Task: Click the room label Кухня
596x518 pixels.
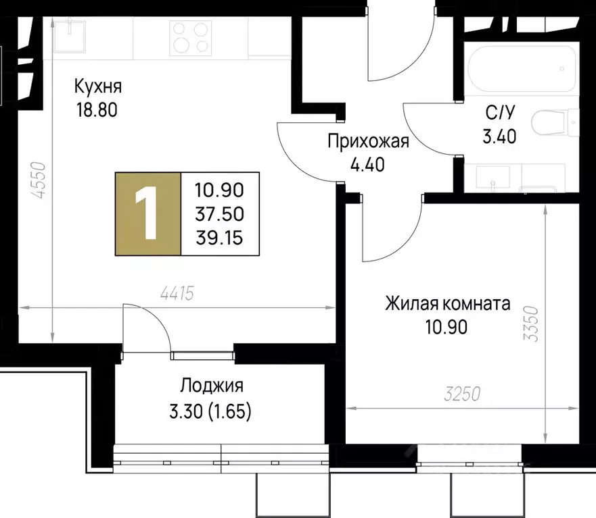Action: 98,87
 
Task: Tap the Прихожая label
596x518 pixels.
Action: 368,141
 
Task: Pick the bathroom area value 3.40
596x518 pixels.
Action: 499,136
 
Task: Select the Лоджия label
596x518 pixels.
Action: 211,386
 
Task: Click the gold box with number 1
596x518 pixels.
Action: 148,214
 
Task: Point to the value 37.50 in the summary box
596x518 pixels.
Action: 219,215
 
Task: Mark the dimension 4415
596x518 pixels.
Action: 178,294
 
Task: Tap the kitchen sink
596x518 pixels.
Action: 70,34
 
